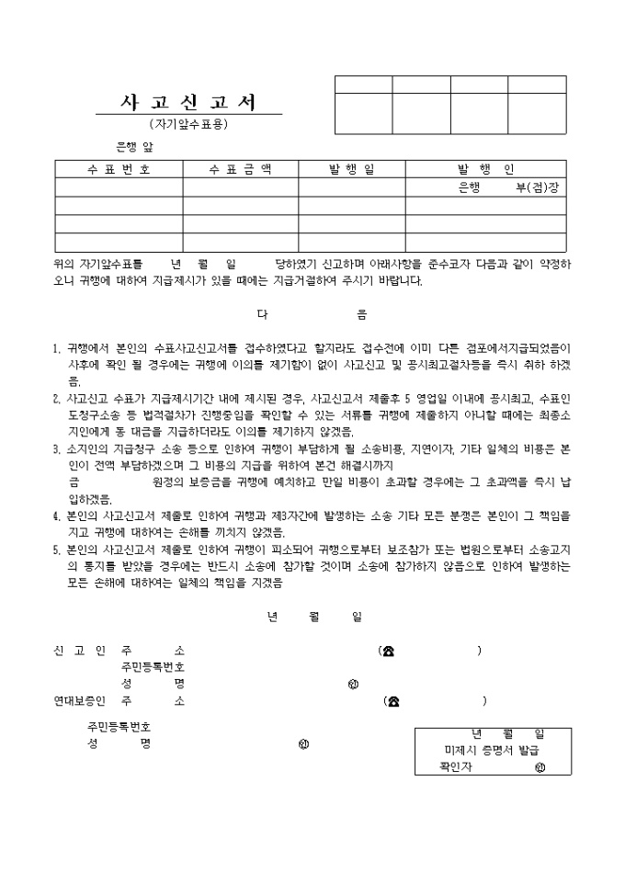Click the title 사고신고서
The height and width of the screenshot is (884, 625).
coord(188,102)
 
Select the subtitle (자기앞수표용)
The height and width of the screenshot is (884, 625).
coord(188,123)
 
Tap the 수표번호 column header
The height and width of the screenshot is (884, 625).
coord(119,169)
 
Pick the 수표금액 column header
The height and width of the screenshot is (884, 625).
coord(240,169)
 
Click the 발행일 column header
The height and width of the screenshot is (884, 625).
coord(352,169)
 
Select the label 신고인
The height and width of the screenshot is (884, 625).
coord(80,652)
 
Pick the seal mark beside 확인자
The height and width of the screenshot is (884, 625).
coord(540,766)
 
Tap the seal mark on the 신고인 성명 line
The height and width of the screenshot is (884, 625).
coord(353,685)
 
